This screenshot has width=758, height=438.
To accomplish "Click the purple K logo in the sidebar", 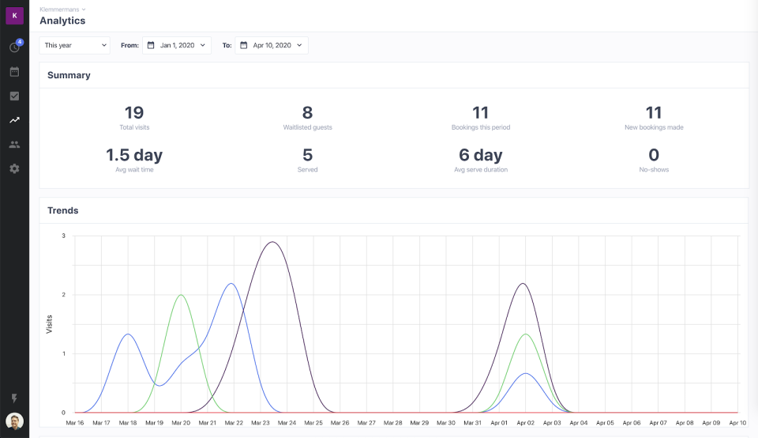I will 14,16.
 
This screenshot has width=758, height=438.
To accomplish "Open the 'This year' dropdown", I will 75,45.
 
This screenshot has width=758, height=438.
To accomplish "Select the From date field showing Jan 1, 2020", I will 177,45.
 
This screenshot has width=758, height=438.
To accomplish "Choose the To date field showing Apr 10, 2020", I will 273,45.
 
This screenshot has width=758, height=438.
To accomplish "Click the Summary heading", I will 69,75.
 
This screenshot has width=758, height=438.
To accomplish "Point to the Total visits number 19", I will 134,113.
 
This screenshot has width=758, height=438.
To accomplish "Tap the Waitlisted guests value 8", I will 307,113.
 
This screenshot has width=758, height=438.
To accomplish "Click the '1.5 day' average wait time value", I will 134,155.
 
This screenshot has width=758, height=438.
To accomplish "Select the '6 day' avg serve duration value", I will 480,155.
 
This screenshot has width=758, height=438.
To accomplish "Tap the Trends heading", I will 63,210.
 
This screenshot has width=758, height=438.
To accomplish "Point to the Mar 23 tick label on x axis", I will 260,423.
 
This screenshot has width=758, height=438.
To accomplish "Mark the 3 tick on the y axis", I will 63,236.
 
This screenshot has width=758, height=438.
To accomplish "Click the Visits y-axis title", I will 49,324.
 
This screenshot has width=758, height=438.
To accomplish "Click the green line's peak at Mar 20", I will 181,295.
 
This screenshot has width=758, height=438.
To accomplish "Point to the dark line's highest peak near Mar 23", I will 272,242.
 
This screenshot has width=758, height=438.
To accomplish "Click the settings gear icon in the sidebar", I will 14,168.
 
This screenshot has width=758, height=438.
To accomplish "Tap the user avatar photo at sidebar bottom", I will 14,421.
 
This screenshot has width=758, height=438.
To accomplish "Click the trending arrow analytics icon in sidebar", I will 14,120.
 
